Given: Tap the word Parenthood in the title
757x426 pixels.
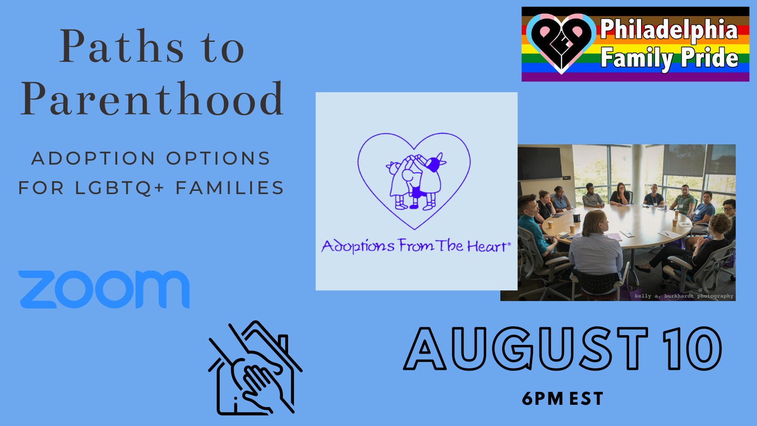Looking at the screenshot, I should coord(152,99).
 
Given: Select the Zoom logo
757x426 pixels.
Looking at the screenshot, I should coord(104,290).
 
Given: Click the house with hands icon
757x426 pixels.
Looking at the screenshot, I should coord(255,368).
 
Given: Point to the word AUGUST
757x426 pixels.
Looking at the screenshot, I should coord(527,349).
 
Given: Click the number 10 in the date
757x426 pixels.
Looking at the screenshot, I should coord(692,349).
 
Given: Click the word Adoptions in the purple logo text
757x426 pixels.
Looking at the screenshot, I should coord(358,246).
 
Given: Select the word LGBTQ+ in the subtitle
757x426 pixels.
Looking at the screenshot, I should coord(120,188).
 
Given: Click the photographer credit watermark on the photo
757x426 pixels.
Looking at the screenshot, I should coord(684,296).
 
